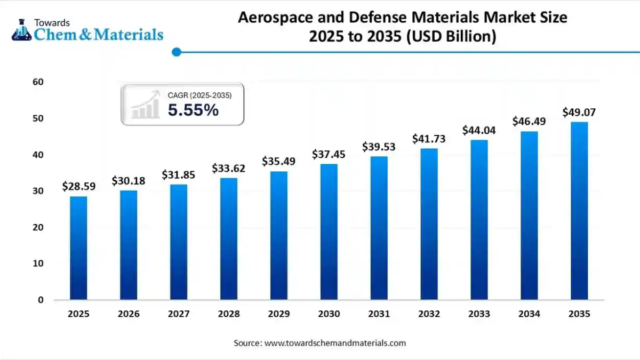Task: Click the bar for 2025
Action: tap(78, 248)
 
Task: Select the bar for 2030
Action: tap(329, 232)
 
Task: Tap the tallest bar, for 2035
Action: tap(579, 211)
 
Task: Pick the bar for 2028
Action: tap(229, 238)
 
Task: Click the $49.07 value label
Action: tap(579, 113)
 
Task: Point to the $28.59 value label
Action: tap(78, 186)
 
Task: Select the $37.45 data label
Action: tap(329, 155)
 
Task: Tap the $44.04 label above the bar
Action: tap(478, 130)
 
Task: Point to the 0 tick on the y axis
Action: tap(40, 300)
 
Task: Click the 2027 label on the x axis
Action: tap(179, 314)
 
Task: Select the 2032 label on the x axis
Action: tap(429, 314)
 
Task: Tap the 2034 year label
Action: tap(529, 314)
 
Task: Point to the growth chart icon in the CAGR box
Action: tap(146, 105)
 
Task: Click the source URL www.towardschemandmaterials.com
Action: tap(335, 343)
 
